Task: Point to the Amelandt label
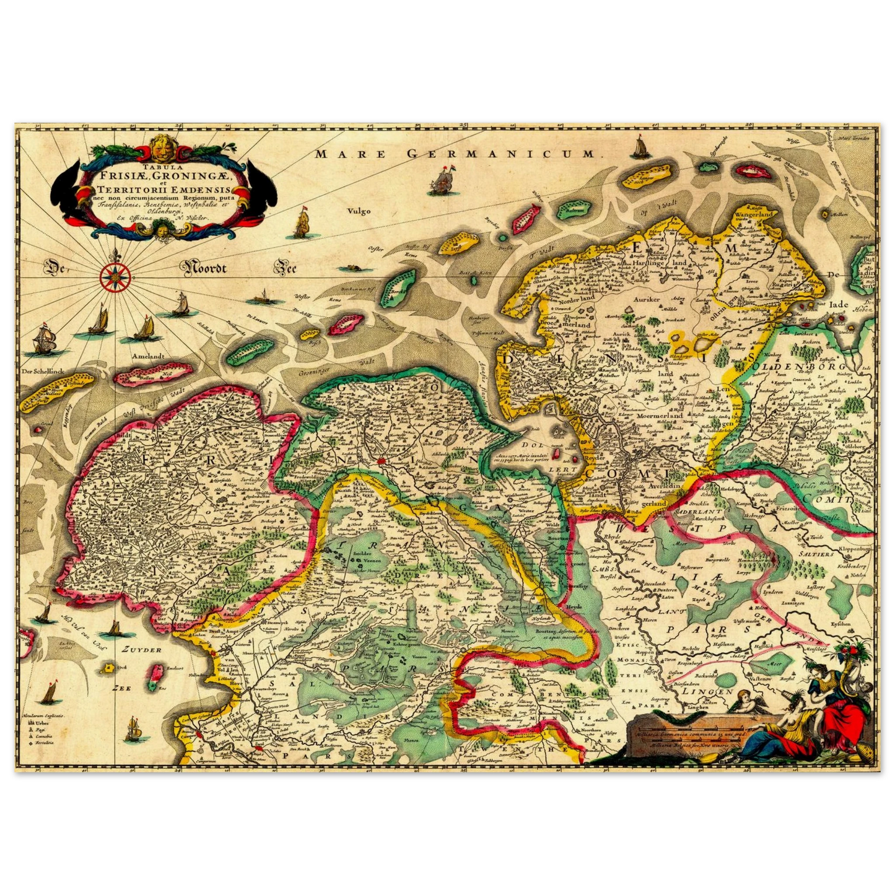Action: coord(147,357)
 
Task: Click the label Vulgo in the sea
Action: coord(359,211)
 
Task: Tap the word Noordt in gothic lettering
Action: coord(205,268)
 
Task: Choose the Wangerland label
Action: coord(753,215)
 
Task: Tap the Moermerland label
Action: coord(660,416)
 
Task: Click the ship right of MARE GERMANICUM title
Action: coord(639,149)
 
